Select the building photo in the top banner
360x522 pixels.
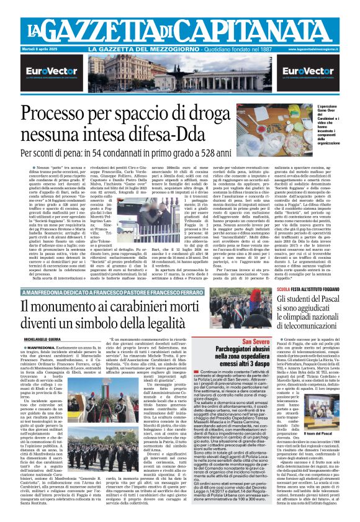180,74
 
